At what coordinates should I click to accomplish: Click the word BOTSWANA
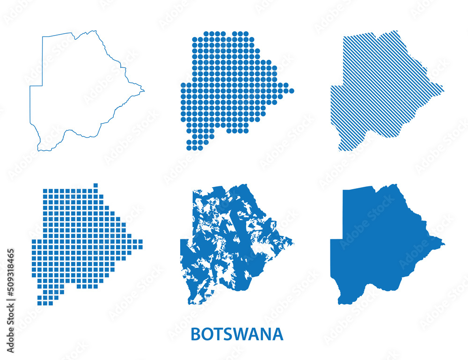tap(237, 334)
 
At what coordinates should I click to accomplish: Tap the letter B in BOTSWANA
tap(196, 334)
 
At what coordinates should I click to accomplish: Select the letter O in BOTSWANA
tap(206, 334)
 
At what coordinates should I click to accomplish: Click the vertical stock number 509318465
tap(11, 300)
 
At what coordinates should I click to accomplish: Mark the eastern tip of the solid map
tap(444, 243)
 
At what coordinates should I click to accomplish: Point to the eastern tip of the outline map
tap(144, 90)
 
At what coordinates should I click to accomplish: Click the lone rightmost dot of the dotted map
tap(292, 91)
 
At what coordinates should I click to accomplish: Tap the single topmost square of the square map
tap(95, 185)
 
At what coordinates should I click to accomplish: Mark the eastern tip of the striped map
tap(443, 88)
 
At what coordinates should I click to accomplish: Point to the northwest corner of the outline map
tap(43, 36)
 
